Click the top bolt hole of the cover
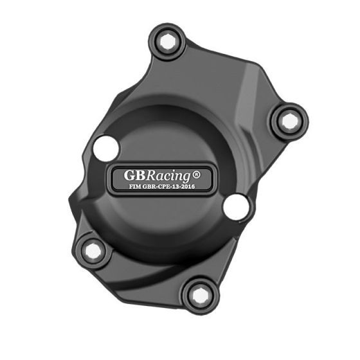point(168,42)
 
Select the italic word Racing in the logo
point(175,175)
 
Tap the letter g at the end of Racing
point(199,176)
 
